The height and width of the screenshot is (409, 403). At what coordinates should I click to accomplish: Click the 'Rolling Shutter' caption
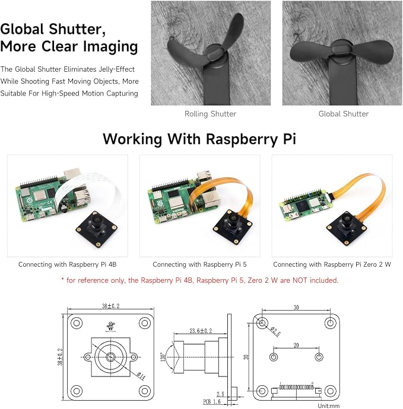click(x=210, y=114)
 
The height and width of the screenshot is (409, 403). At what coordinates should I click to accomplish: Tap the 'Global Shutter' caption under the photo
click(x=344, y=114)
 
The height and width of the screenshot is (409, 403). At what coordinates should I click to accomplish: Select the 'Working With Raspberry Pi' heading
click(x=199, y=139)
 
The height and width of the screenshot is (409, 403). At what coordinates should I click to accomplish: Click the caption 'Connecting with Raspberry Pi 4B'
click(x=68, y=264)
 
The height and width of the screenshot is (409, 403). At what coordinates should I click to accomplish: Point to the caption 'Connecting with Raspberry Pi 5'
click(x=199, y=264)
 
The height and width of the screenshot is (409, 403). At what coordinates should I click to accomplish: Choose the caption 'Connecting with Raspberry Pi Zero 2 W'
click(x=332, y=264)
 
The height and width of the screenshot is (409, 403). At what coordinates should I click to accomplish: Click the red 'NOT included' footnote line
click(x=200, y=280)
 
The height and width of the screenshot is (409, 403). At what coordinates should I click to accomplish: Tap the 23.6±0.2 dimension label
click(x=201, y=331)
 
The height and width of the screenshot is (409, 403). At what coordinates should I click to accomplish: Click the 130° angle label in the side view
click(x=163, y=357)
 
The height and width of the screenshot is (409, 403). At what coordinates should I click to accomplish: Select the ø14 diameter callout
click(x=141, y=376)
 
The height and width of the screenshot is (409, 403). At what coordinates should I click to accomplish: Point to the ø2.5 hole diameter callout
click(x=275, y=331)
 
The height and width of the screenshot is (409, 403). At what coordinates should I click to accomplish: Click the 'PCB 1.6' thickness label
click(x=212, y=402)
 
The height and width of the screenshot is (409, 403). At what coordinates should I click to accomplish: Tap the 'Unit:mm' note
click(x=329, y=406)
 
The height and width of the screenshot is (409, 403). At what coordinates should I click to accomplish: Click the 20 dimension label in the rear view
click(x=296, y=346)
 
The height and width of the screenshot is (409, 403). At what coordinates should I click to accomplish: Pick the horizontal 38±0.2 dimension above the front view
click(x=110, y=306)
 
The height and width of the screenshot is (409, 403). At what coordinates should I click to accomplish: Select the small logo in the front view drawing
click(x=110, y=327)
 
